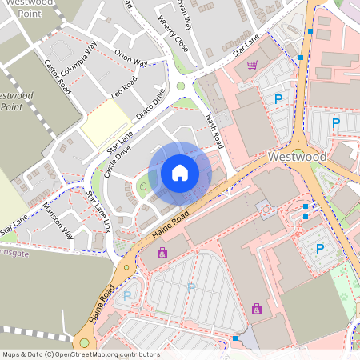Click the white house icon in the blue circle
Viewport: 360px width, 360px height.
click(x=180, y=173)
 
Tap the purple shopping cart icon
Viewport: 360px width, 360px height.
click(x=252, y=65)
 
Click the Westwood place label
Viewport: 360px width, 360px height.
click(x=297, y=157)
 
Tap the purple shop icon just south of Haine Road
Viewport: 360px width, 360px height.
click(x=162, y=253)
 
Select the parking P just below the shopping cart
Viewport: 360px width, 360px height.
click(x=278, y=99)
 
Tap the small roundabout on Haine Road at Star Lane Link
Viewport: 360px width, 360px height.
click(x=126, y=267)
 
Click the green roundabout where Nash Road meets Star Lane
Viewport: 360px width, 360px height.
click(x=181, y=86)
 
